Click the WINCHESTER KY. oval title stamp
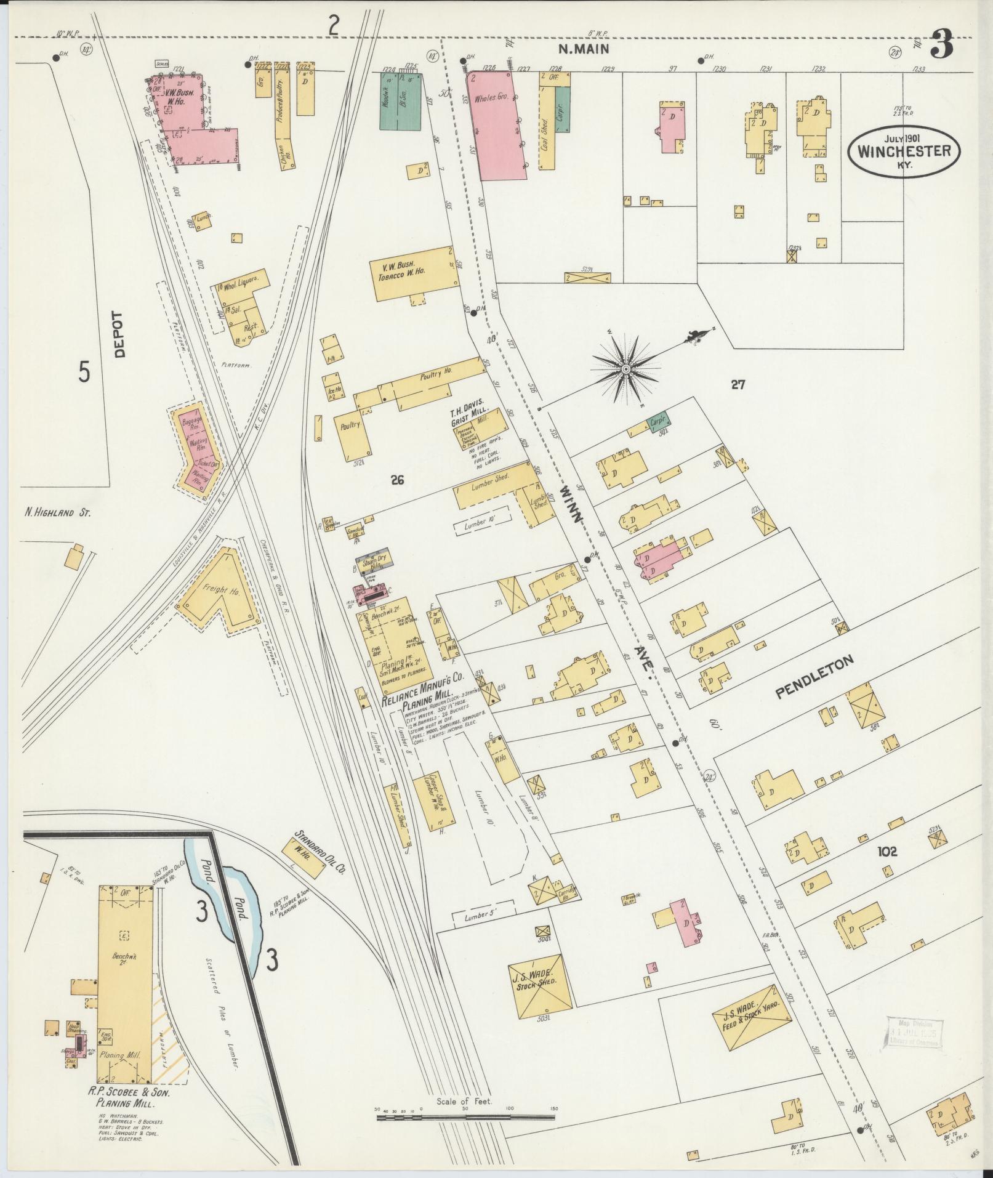point(904,150)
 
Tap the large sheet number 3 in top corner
point(942,45)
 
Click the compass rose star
point(625,369)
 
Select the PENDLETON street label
point(814,677)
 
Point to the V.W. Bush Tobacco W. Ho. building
point(414,274)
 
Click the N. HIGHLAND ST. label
point(58,512)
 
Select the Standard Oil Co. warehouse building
point(304,857)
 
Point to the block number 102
point(887,852)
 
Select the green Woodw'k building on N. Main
point(401,106)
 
